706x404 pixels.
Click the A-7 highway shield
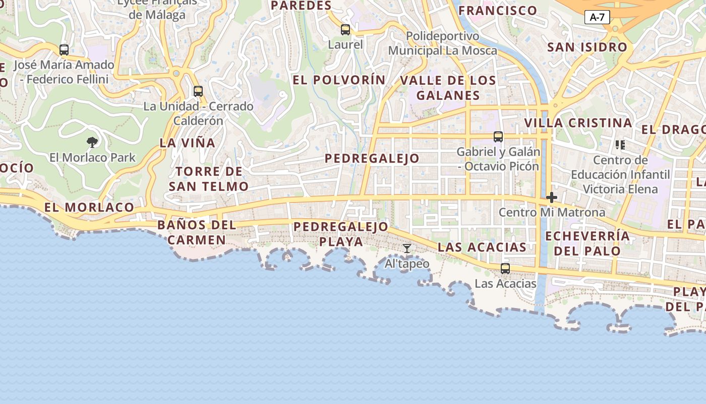(597, 17)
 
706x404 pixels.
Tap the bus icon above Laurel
(345, 30)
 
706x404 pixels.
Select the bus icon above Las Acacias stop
(505, 269)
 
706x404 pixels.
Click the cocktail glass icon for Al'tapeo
(407, 248)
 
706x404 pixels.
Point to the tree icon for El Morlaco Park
(92, 142)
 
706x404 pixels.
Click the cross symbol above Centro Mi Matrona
(552, 197)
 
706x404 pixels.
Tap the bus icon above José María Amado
(64, 50)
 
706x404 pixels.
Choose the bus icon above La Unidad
(198, 91)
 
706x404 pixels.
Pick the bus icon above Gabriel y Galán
(498, 137)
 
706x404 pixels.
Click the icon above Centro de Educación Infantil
(620, 145)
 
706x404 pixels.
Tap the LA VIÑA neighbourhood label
(188, 143)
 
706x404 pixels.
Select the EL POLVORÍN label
(339, 80)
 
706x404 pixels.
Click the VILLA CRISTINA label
(578, 123)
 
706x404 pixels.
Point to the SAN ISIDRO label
(587, 47)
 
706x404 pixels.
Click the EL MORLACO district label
(89, 207)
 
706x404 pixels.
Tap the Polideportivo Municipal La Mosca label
(442, 43)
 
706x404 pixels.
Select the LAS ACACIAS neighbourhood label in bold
(482, 247)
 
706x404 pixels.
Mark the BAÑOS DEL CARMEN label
(197, 232)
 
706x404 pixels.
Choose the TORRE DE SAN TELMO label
(209, 179)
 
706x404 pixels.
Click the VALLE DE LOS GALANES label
(448, 88)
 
